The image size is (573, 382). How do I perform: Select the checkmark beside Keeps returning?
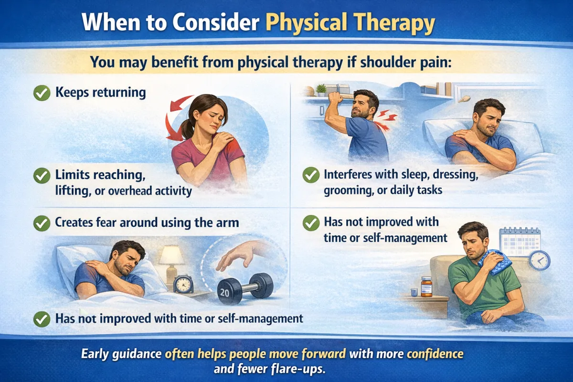42,93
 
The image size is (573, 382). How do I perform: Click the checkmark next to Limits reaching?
42,176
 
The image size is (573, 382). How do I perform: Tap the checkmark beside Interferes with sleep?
311,175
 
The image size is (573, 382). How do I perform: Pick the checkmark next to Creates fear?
42,223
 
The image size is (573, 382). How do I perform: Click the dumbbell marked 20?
245,288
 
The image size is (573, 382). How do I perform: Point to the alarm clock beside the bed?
183,284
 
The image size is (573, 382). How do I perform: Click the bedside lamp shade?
171,255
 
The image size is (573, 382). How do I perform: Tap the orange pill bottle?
426,286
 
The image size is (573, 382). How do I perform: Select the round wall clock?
539,260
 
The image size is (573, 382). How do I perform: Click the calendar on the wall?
520,241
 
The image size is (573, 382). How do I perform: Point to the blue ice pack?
495,262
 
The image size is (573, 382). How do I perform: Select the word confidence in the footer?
435,354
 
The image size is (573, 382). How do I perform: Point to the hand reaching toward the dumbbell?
239,256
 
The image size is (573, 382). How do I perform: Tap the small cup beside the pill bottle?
414,292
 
